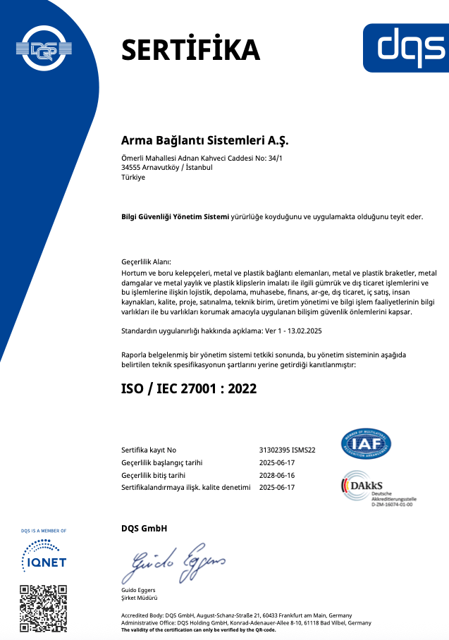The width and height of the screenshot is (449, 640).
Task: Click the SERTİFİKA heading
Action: click(191, 49)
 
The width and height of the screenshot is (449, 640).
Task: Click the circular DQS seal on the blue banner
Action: click(44, 49)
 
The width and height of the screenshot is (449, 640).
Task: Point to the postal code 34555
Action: click(133, 168)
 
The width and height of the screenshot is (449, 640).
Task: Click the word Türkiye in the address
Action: click(133, 178)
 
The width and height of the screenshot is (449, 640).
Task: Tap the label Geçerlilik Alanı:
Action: click(146, 261)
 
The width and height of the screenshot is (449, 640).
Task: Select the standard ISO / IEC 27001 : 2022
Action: click(189, 388)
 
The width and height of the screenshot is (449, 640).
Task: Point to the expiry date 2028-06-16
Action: click(277, 475)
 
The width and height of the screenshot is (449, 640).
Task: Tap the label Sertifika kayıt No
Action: click(149, 450)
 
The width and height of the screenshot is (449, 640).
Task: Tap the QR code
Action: click(44, 607)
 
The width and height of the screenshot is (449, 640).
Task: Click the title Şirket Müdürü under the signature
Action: click(141, 598)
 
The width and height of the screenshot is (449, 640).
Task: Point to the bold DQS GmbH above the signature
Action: click(144, 529)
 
